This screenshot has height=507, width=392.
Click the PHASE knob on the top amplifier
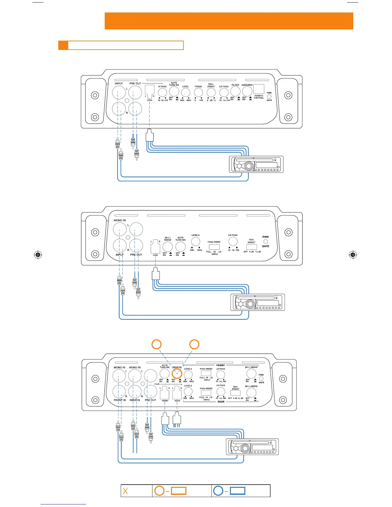199,93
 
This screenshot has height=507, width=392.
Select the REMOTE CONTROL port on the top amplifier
259,89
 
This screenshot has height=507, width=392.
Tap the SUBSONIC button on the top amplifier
247,92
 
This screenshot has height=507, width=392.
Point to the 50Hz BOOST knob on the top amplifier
211,93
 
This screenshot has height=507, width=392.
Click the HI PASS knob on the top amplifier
163,93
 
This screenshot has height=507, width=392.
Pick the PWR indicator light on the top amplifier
269,96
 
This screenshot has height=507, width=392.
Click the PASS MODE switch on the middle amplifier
214,247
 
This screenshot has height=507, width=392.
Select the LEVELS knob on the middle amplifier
195,241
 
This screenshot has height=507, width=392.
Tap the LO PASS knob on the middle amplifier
233,241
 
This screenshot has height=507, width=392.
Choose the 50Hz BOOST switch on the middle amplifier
252,247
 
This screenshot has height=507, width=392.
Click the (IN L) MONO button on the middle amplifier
167,246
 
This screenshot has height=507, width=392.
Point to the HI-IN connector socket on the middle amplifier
155,247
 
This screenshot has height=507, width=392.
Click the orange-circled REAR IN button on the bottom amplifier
177,373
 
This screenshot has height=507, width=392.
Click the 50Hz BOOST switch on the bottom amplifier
235,393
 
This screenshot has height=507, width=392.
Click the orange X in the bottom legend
125,491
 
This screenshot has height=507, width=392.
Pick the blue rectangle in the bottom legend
238,491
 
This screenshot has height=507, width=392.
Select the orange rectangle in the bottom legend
178,491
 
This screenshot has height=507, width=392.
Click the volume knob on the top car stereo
249,166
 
